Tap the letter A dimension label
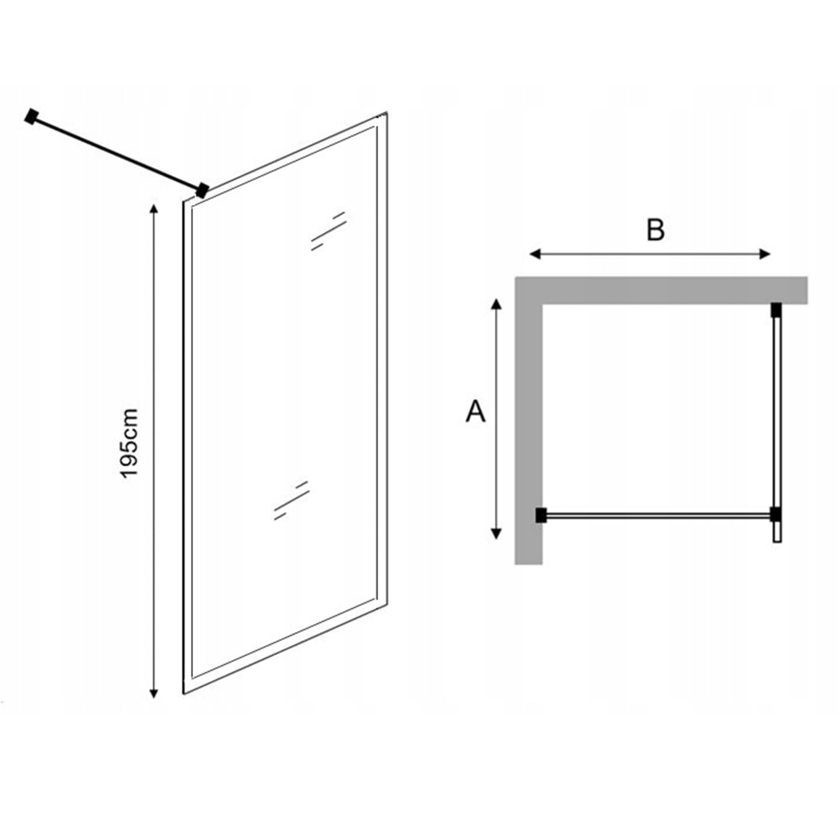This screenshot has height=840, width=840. tap(475, 411)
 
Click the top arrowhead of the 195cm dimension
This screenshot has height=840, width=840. tap(153, 209)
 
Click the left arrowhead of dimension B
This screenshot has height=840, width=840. tap(535, 254)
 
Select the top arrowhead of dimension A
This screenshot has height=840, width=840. tap(496, 304)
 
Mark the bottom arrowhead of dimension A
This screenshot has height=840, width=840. tap(496, 533)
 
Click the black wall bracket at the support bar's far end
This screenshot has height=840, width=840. tap(31, 117)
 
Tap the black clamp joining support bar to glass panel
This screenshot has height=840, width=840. tap(202, 190)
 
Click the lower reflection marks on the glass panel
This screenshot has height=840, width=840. tap(291, 501)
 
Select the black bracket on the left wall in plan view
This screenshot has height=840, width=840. tap(540, 515)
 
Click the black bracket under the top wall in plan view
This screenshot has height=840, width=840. tap(776, 309)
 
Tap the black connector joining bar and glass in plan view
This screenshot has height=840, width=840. tap(775, 514)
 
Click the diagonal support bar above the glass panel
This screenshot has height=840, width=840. tap(117, 153)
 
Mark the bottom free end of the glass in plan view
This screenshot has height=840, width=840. tap(778, 541)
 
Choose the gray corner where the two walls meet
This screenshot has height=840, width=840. tap(529, 290)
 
